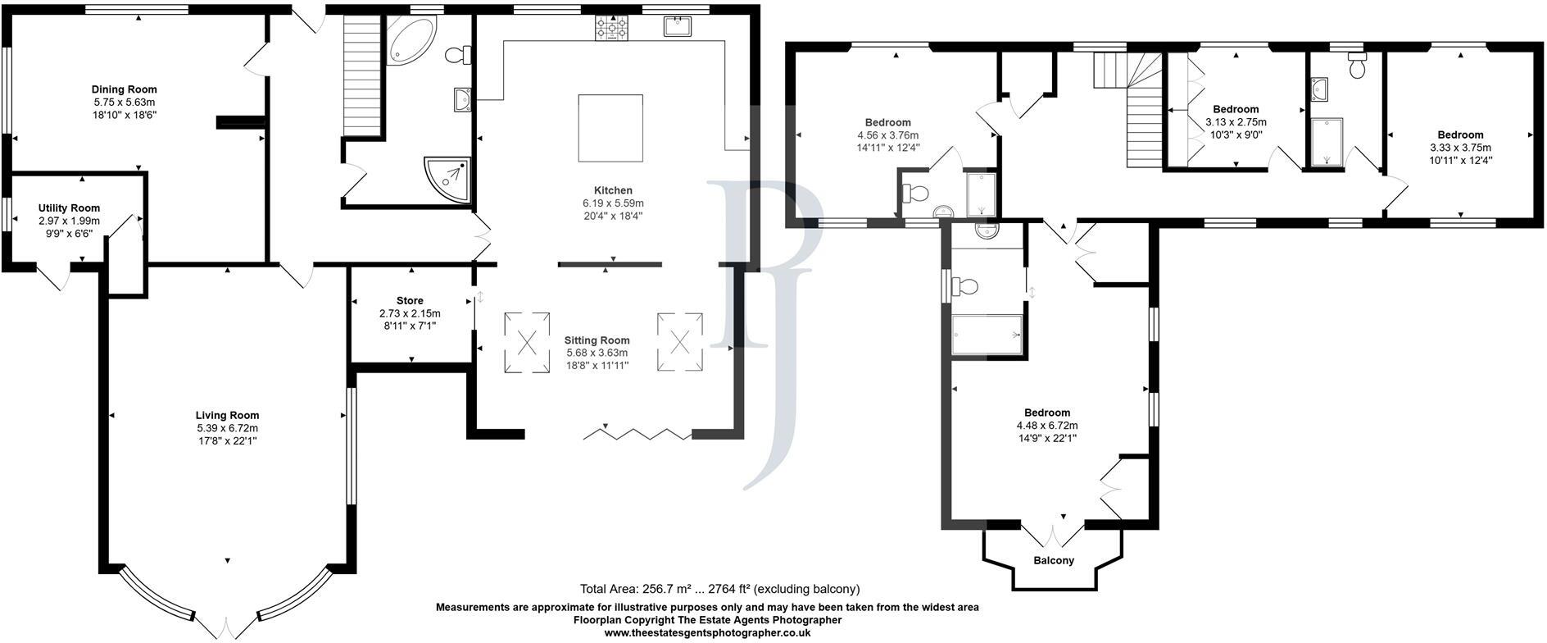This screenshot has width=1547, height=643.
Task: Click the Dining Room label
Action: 125,89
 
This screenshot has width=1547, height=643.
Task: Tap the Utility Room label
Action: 69,208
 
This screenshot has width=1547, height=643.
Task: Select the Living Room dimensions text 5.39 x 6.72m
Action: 227,428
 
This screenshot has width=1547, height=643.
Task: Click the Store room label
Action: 410,301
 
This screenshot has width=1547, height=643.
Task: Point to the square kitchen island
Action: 610,128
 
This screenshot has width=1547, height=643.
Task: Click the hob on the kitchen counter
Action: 611,29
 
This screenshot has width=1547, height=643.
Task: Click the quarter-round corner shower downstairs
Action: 447,180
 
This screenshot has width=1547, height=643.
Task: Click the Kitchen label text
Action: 613,190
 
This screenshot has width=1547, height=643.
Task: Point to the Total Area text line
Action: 719,589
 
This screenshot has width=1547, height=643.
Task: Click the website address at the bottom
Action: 707,632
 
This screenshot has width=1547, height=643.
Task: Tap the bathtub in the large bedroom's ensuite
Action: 987,335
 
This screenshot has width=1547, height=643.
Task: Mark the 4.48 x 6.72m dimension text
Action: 1047,426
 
